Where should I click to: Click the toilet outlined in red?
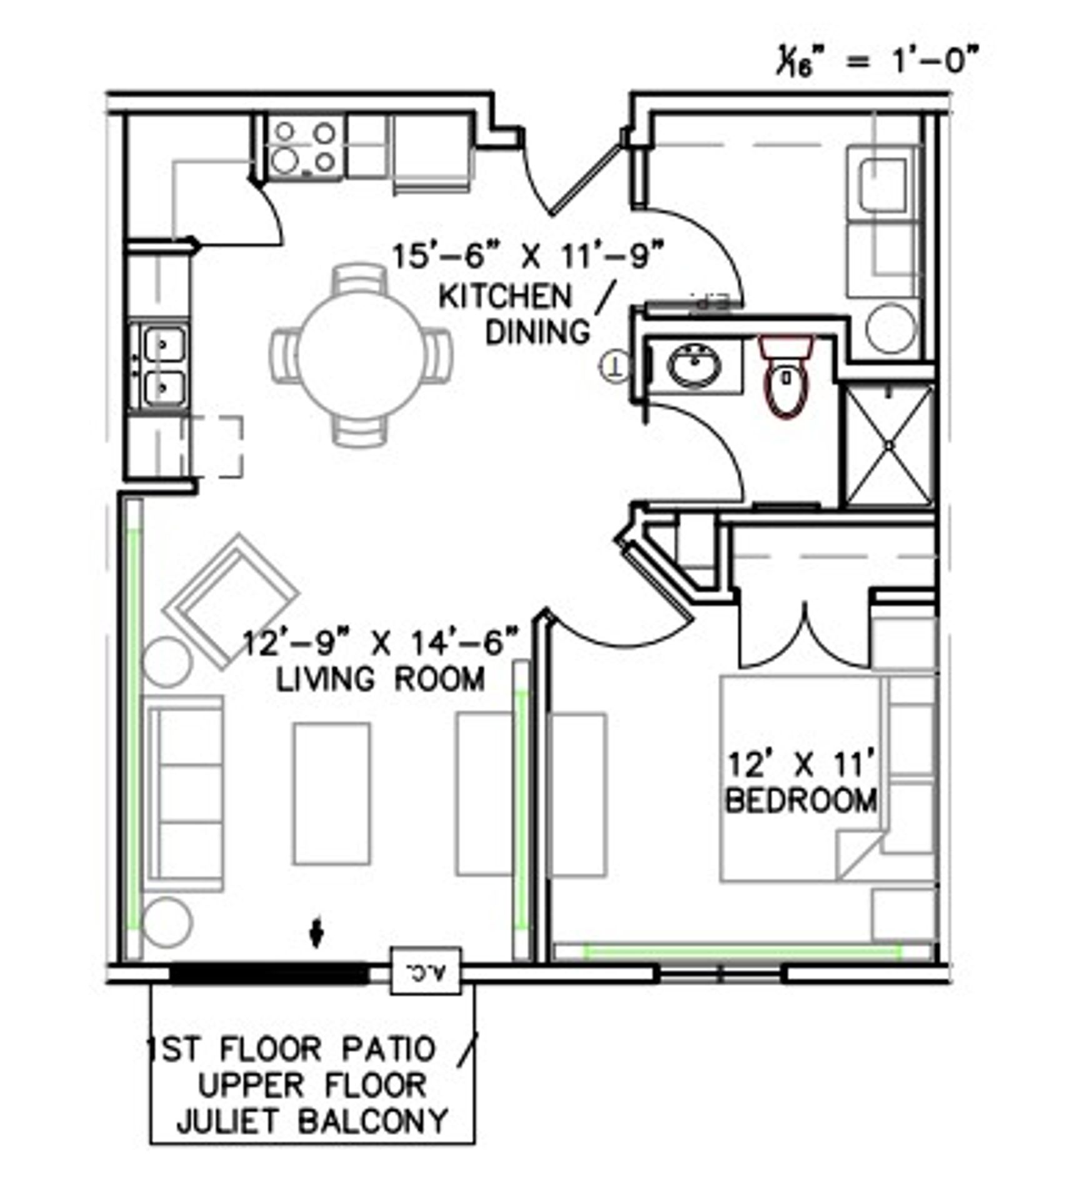785,376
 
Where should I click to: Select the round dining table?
361,354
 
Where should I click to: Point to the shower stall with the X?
888,445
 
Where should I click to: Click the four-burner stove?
305,148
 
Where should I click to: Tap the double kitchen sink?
163,366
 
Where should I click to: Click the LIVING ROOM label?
380,679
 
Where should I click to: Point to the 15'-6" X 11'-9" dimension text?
526,256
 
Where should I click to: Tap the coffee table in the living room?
332,794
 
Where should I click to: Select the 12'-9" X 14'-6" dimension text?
380,642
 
